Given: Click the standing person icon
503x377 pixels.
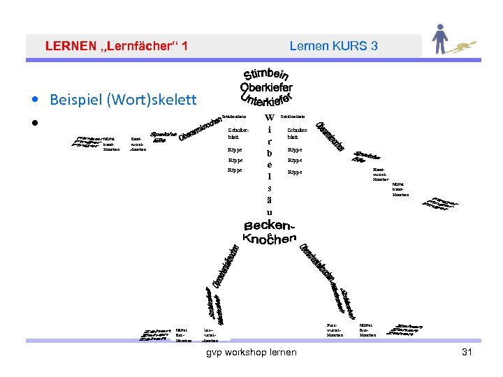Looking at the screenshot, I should pos(439,40).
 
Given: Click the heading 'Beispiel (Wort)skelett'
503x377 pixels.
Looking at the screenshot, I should pos(123,99).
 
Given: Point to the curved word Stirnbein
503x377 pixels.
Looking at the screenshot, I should pos(266,73).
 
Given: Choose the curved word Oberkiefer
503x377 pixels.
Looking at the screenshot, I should pos(266,87).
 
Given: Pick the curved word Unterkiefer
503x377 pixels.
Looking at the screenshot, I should pos(265,102).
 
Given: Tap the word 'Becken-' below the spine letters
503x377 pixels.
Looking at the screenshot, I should pos(270,226).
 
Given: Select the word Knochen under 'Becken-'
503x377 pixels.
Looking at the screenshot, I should pos(270,239).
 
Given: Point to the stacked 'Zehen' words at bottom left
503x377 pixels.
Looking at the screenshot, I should pos(155,334).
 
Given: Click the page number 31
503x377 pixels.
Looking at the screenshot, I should pos(467,352).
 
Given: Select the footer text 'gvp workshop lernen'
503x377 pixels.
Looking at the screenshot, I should pos(251,352).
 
